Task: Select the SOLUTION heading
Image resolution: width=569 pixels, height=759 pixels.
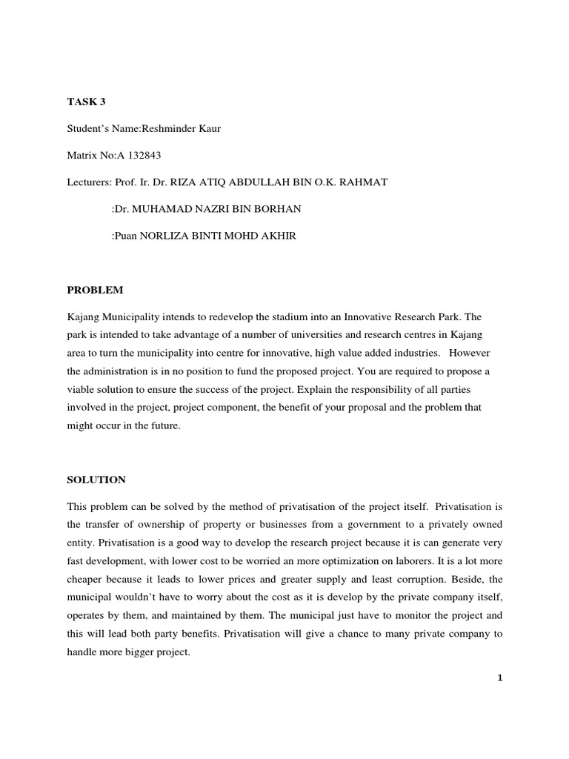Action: point(96,480)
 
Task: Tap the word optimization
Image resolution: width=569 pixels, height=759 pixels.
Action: point(362,561)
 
